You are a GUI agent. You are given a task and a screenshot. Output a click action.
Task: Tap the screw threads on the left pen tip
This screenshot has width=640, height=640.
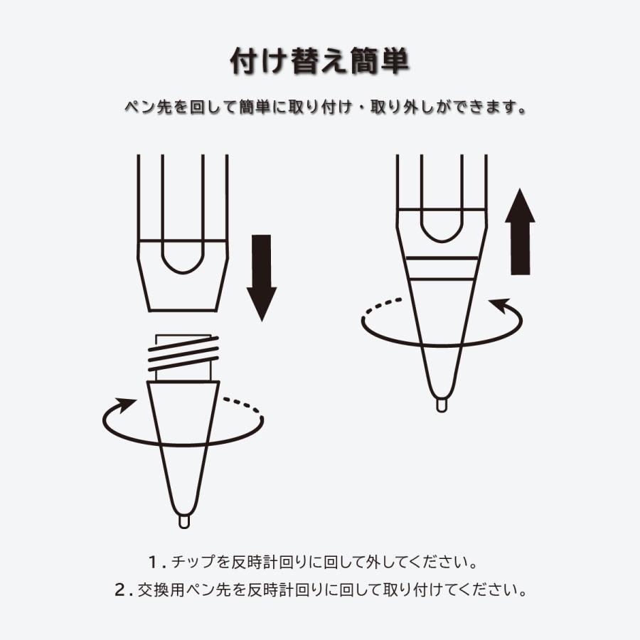(x=181, y=354)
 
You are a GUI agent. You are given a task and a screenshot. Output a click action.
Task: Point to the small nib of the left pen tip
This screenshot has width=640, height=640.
(x=183, y=521)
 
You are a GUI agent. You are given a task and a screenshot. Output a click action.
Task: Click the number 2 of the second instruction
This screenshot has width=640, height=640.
(x=119, y=590)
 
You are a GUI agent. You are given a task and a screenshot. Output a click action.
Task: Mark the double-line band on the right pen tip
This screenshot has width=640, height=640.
(x=442, y=269)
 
